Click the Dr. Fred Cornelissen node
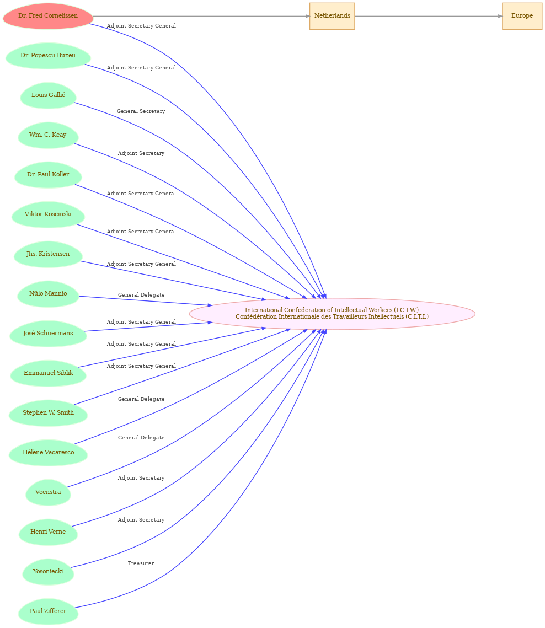pyautogui.click(x=48, y=16)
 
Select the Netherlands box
pyautogui.click(x=332, y=16)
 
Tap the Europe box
pyautogui.click(x=522, y=16)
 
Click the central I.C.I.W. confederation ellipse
pyautogui.click(x=332, y=314)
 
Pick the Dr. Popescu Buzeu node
pyautogui.click(x=48, y=56)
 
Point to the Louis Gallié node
pyautogui.click(x=48, y=95)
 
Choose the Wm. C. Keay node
pyautogui.click(x=48, y=135)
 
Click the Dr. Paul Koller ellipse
pyautogui.click(x=48, y=175)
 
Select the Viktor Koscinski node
pyautogui.click(x=48, y=214)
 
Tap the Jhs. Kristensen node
pyautogui.click(x=48, y=254)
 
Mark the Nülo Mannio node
pyautogui.click(x=48, y=293)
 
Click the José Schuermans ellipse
pyautogui.click(x=48, y=333)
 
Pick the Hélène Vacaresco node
pyautogui.click(x=48, y=453)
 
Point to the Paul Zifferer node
pyautogui.click(x=48, y=611)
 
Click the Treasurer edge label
pyautogui.click(x=141, y=563)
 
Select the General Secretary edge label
pyautogui.click(x=141, y=111)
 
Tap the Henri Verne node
pyautogui.click(x=48, y=532)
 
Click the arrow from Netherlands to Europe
pyautogui.click(x=429, y=16)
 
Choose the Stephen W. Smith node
pyautogui.click(x=48, y=413)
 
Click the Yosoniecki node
pyautogui.click(x=48, y=572)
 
